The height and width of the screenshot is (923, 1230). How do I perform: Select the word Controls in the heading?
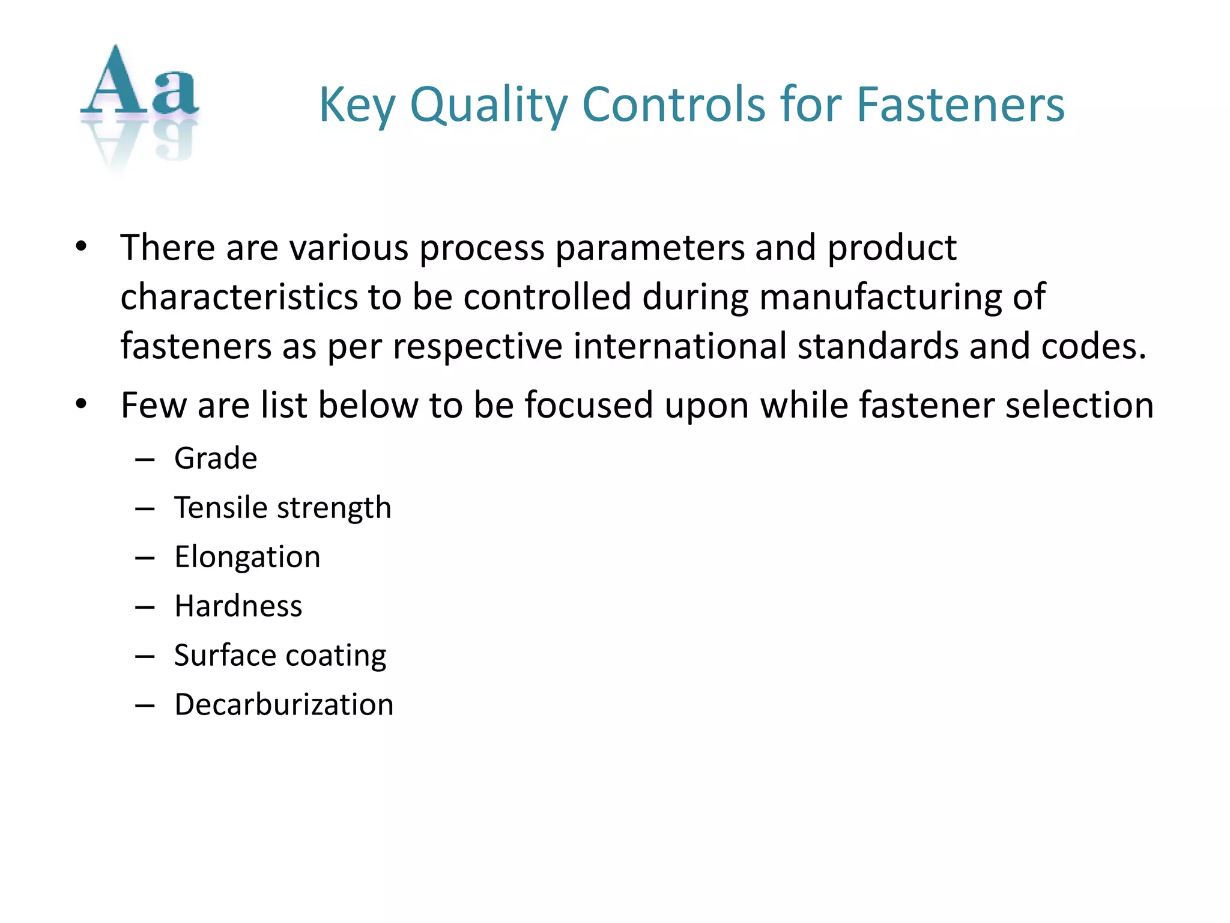[x=674, y=105]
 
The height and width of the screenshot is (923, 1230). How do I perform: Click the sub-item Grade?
[x=216, y=458]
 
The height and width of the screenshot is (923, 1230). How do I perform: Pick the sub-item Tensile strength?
[x=282, y=508]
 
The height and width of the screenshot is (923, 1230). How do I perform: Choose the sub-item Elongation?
[x=247, y=557]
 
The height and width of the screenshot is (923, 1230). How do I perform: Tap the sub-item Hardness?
[x=238, y=606]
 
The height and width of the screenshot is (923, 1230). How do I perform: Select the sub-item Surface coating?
[x=280, y=655]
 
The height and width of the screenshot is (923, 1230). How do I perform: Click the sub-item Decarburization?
[x=283, y=704]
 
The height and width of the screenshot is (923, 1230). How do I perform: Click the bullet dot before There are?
[x=81, y=246]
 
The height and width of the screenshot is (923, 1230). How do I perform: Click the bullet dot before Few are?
[x=81, y=404]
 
